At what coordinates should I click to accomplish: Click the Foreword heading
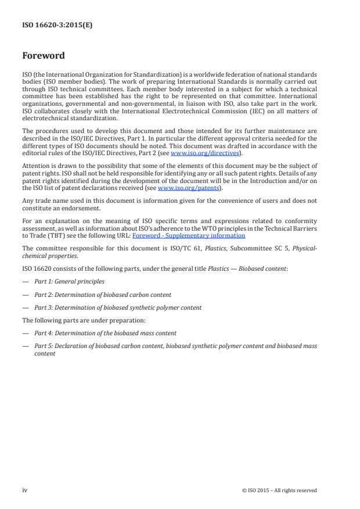pyautogui.click(x=43, y=56)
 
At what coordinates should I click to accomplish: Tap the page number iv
pyautogui.click(x=25, y=490)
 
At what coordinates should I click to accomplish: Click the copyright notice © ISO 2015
pyautogui.click(x=279, y=490)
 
